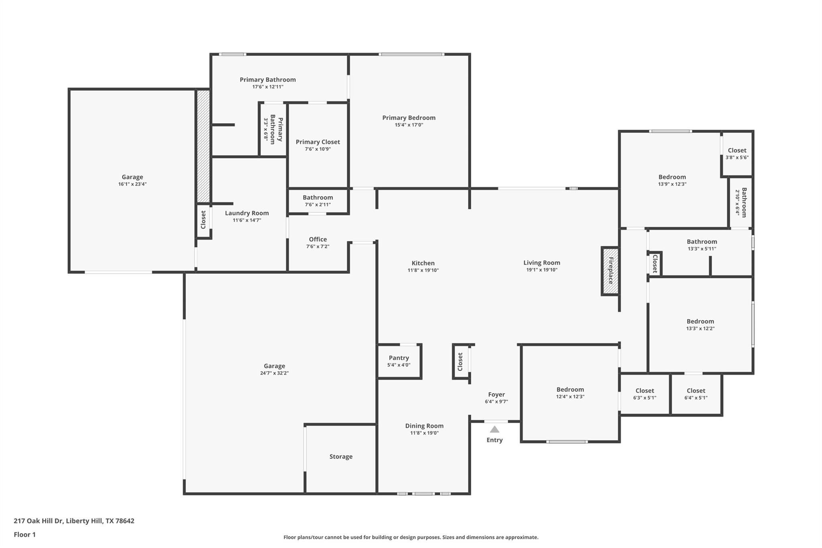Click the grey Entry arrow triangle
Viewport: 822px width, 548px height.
click(494, 429)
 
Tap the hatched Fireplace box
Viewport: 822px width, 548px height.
click(610, 271)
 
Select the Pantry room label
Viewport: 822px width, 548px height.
click(399, 358)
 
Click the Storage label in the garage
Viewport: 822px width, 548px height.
click(341, 456)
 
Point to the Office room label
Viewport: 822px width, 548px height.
click(317, 239)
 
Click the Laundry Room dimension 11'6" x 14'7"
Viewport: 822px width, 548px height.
click(247, 220)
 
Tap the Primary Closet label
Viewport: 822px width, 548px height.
click(317, 142)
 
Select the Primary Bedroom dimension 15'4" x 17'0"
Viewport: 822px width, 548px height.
click(409, 125)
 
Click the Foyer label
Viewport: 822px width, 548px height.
click(496, 394)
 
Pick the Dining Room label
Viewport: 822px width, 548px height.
click(424, 426)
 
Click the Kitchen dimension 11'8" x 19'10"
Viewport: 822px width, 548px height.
click(423, 270)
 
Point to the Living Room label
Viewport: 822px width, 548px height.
click(541, 263)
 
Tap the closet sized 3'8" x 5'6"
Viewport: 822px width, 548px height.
click(737, 154)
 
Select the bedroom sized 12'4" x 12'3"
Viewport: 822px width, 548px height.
click(570, 393)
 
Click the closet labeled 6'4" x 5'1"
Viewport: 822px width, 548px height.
click(696, 394)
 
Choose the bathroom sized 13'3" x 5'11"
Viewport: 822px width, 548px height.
click(702, 245)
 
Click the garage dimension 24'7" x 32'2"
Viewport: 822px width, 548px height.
click(274, 373)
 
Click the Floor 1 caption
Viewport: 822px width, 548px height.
click(24, 534)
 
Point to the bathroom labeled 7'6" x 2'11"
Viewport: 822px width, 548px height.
click(317, 201)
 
